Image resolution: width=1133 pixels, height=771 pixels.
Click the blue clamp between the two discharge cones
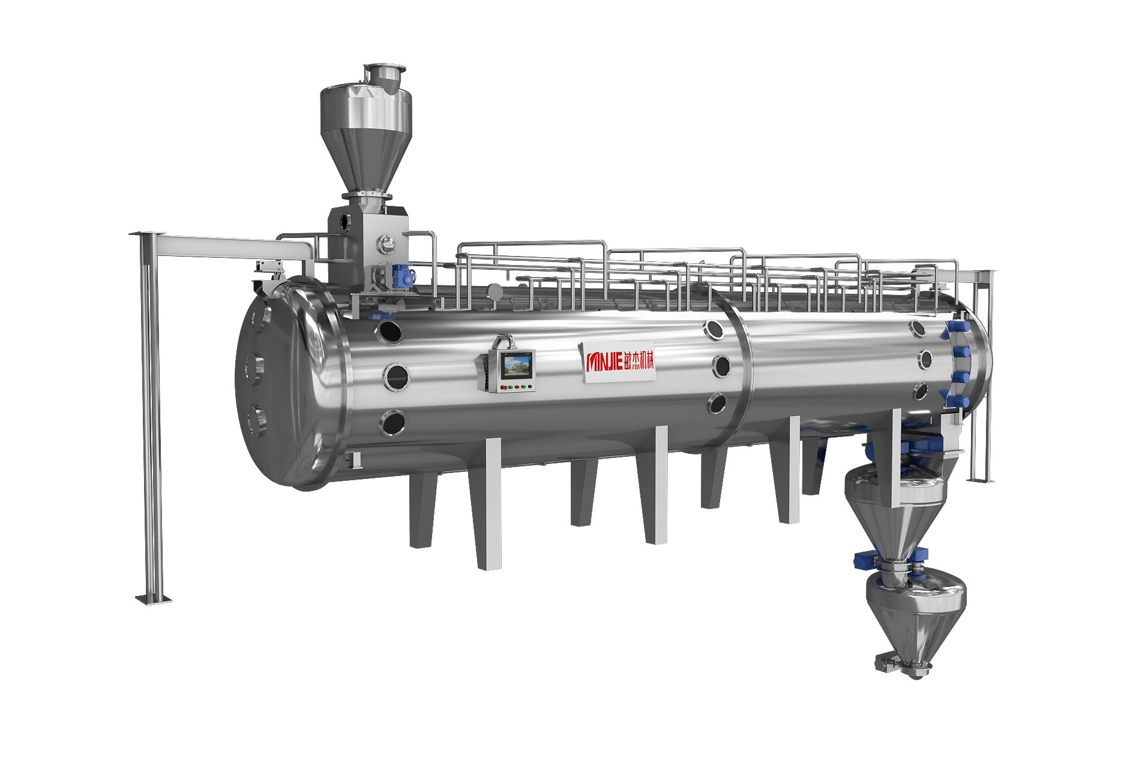(864, 561)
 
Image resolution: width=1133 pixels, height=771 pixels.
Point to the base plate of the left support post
(154, 599)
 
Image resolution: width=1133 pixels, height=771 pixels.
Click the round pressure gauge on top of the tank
(495, 291)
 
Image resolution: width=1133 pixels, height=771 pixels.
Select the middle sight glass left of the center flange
(721, 366)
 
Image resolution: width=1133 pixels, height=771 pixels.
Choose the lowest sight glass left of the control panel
(393, 423)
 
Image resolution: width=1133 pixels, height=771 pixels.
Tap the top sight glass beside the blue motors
(918, 328)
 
